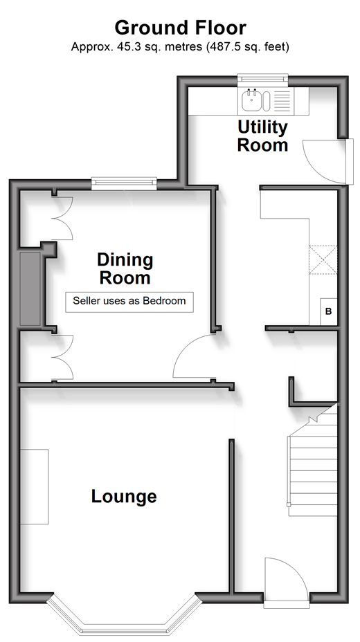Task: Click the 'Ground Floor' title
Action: click(x=180, y=28)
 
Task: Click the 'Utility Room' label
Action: click(x=262, y=136)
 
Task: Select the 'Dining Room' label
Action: click(x=125, y=268)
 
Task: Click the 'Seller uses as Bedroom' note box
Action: click(x=129, y=302)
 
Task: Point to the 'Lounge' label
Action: click(x=124, y=496)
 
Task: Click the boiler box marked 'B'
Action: click(x=328, y=311)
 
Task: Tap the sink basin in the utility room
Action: click(x=251, y=101)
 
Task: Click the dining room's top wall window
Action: click(x=124, y=183)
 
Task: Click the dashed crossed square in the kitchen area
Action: click(x=323, y=259)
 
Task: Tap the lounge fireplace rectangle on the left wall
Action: click(x=35, y=487)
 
